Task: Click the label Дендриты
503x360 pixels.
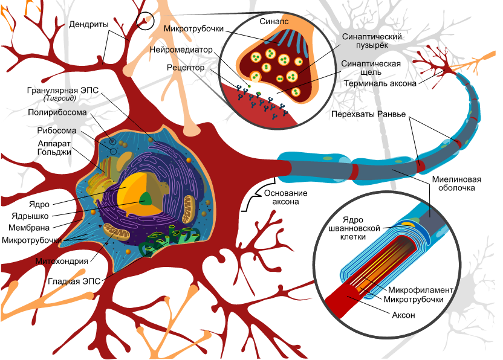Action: (88, 25)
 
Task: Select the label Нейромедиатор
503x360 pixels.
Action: (190, 50)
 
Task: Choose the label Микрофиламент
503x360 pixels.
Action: (422, 289)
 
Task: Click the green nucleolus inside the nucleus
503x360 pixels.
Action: (146, 199)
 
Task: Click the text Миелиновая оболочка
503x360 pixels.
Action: (456, 184)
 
